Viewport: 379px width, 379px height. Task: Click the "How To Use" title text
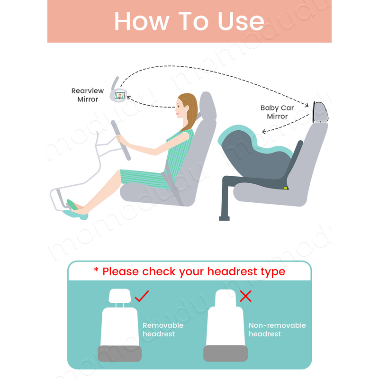point(189,21)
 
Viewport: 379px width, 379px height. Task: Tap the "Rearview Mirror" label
point(88,95)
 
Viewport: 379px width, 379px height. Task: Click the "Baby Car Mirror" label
point(277,112)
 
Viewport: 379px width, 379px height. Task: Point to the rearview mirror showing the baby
point(119,96)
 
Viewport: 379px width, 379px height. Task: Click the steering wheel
point(121,140)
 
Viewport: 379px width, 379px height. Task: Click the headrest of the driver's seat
point(208,106)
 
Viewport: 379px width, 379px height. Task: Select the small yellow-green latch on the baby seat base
point(286,188)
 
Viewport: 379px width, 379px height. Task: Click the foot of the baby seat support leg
point(224,218)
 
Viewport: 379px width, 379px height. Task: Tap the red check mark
point(142,296)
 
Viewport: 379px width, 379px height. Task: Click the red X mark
point(245,296)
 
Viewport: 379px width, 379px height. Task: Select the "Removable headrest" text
point(163,329)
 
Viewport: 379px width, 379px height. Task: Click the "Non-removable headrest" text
point(277,329)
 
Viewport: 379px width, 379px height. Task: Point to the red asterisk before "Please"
point(96,270)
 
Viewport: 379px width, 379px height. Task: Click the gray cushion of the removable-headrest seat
point(120,353)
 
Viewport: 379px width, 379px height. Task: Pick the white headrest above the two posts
point(120,296)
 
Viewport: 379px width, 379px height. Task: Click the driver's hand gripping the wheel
point(120,139)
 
